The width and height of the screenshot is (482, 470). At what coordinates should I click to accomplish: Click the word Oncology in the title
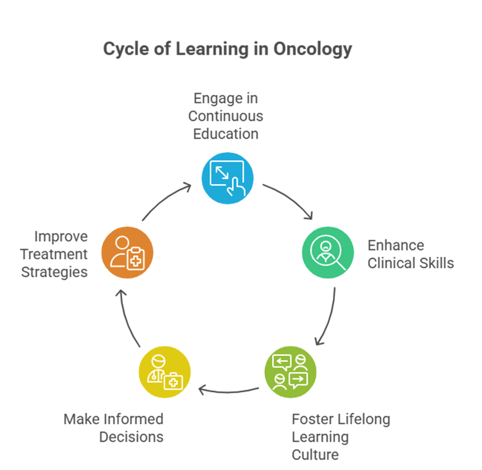[312, 49]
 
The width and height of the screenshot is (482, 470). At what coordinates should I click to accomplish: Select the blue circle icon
[227, 178]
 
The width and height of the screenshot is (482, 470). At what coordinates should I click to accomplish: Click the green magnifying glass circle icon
[328, 253]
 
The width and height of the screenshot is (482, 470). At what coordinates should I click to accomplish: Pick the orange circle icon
[127, 253]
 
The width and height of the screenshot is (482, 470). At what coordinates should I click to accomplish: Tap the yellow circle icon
[165, 372]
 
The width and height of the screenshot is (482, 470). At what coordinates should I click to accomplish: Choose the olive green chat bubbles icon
[290, 372]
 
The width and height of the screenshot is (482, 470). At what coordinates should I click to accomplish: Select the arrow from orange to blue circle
[165, 199]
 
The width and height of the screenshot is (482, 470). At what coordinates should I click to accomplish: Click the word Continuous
[225, 116]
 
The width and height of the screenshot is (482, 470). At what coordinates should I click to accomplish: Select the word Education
[225, 134]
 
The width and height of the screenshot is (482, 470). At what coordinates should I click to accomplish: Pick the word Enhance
[396, 245]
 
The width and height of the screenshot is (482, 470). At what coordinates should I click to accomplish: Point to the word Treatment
[54, 254]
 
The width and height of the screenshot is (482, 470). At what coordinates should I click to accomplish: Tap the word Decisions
[131, 437]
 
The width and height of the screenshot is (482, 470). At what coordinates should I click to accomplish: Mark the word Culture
[315, 455]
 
